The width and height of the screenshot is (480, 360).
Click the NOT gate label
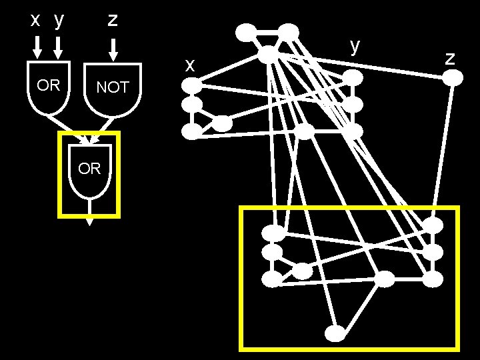click(x=113, y=87)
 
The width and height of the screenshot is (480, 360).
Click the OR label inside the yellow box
click(x=89, y=169)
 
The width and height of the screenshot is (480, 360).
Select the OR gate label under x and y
click(x=49, y=85)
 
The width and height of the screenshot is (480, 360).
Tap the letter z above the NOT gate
click(x=113, y=19)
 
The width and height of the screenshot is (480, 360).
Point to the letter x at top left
click(x=37, y=20)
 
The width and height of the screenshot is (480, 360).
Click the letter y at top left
click(x=59, y=21)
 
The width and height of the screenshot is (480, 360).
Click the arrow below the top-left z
click(x=113, y=49)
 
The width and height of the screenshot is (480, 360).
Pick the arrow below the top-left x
click(x=37, y=47)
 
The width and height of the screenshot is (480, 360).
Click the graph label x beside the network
click(x=190, y=65)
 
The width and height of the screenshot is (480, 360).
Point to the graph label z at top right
click(x=451, y=57)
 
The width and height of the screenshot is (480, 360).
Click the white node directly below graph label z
click(x=453, y=78)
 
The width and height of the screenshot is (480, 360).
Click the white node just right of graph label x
click(x=192, y=85)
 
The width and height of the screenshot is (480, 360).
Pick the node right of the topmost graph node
click(x=288, y=31)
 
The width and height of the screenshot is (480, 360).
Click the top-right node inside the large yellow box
click(x=433, y=225)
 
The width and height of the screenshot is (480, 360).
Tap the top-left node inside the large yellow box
click(x=273, y=233)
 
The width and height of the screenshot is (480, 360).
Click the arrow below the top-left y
click(x=59, y=47)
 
